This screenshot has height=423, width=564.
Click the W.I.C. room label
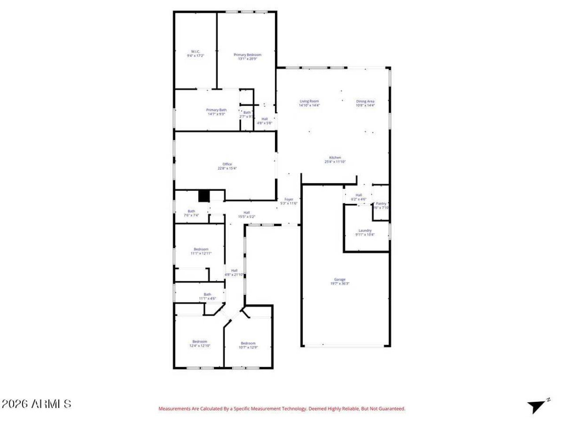click(x=195, y=52)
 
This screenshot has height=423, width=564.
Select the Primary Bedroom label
click(x=247, y=55)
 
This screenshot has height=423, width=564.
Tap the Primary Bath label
click(x=216, y=110)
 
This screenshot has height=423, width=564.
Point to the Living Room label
click(x=309, y=101)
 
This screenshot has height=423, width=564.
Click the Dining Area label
click(x=365, y=101)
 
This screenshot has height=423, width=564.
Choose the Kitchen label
click(x=335, y=158)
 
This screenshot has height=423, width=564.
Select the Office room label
click(x=227, y=164)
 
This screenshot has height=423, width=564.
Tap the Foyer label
click(x=289, y=200)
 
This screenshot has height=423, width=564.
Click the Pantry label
click(x=381, y=204)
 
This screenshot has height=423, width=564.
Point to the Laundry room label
click(x=365, y=230)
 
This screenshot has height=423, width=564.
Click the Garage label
click(x=340, y=279)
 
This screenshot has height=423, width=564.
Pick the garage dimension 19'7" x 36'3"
click(x=340, y=283)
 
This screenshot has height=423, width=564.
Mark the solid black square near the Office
click(x=204, y=196)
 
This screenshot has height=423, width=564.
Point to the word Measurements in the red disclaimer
click(x=174, y=409)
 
